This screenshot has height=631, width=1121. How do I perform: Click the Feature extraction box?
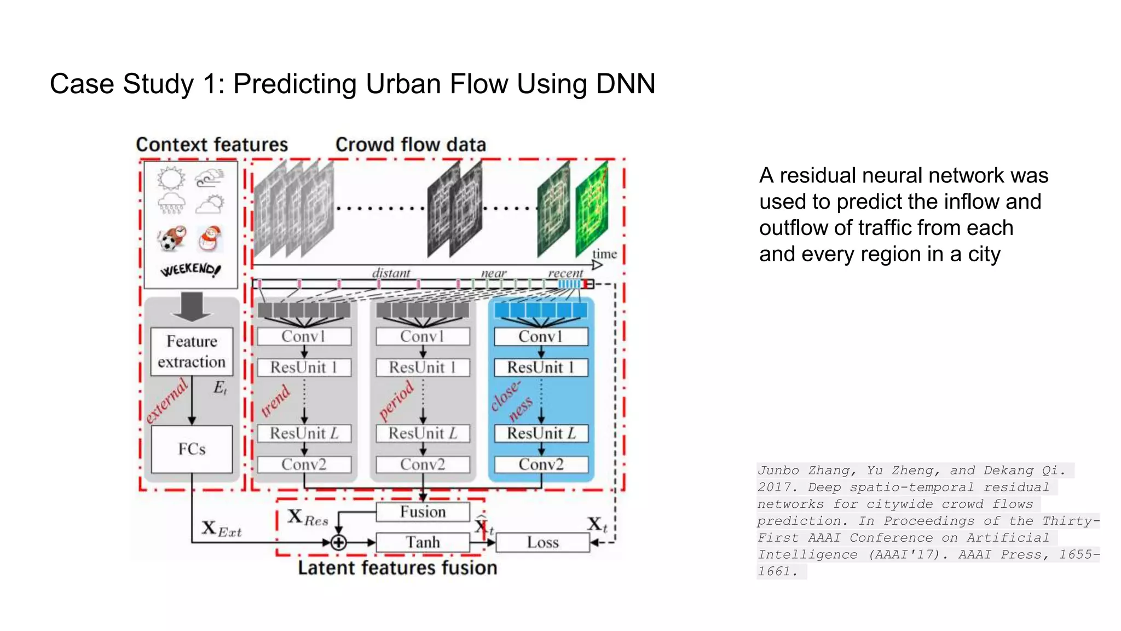pyautogui.click(x=192, y=351)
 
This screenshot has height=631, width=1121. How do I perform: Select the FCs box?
pyautogui.click(x=192, y=449)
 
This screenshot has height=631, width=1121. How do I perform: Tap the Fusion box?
pyautogui.click(x=423, y=512)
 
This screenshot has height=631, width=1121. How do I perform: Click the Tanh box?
pyautogui.click(x=423, y=542)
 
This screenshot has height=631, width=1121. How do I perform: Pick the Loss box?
pyautogui.click(x=542, y=542)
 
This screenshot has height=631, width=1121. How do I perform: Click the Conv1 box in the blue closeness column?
pyautogui.click(x=541, y=336)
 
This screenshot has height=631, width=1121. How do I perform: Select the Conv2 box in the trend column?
pyautogui.click(x=304, y=464)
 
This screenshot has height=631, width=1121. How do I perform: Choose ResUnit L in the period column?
pyautogui.click(x=423, y=433)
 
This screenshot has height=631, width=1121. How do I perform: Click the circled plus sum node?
pyautogui.click(x=339, y=542)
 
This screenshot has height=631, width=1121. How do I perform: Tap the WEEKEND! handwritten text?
pyautogui.click(x=190, y=269)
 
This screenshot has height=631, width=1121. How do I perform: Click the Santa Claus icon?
pyautogui.click(x=209, y=238)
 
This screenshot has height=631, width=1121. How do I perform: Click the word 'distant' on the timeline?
pyautogui.click(x=391, y=273)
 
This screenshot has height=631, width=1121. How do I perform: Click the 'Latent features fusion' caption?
pyautogui.click(x=397, y=568)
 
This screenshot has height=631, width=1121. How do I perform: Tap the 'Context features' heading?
pyautogui.click(x=212, y=145)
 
